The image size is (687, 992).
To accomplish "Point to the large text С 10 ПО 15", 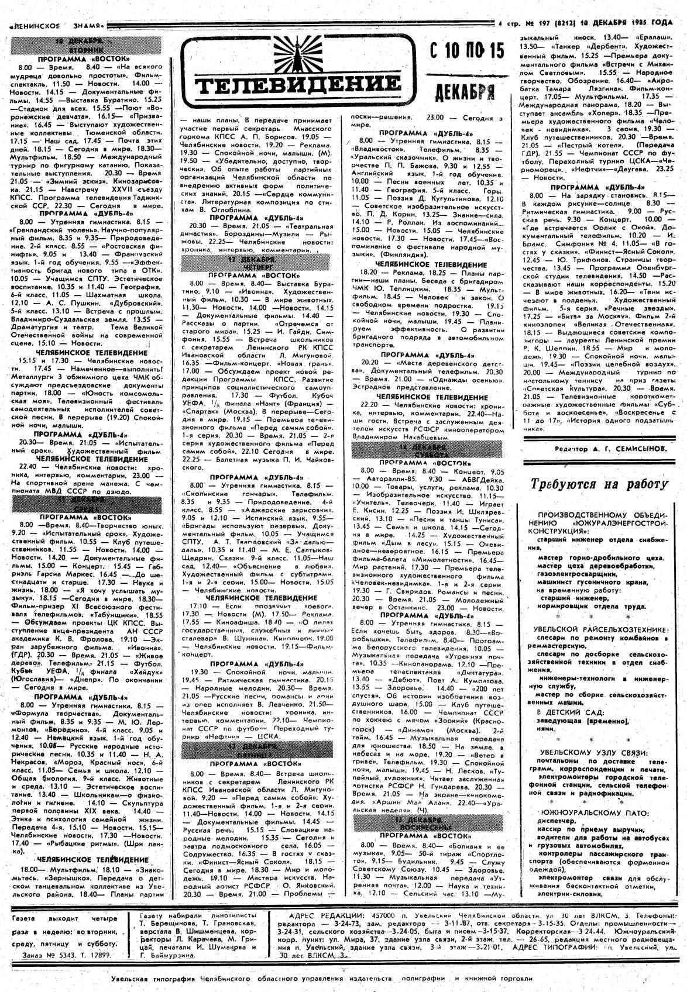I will pyautogui.click(x=466, y=51).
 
